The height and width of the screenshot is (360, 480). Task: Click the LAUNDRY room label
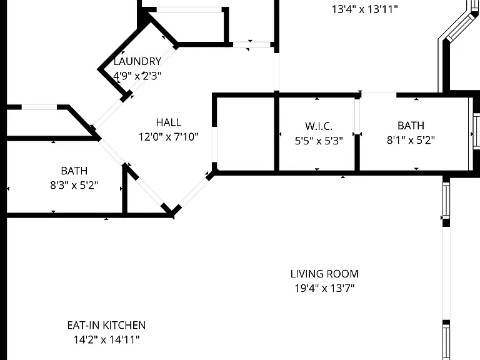(137, 61)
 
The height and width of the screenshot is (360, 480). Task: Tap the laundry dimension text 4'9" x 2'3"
(137, 75)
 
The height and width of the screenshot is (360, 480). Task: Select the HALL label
(169, 122)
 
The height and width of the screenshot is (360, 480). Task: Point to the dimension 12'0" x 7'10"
(169, 136)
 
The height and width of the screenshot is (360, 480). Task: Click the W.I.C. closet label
(319, 126)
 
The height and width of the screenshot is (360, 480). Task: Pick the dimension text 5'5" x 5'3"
(319, 141)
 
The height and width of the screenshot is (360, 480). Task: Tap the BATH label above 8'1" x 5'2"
(411, 126)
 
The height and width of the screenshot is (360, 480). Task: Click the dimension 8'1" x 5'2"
(411, 140)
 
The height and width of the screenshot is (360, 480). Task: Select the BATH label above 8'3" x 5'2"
(74, 171)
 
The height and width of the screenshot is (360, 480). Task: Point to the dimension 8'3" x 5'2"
(74, 185)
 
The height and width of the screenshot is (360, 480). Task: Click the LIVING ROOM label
(324, 274)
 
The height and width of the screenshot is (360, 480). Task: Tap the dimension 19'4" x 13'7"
(324, 288)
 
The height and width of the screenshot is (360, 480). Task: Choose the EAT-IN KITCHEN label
(106, 325)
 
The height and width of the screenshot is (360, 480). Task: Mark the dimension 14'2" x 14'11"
(106, 339)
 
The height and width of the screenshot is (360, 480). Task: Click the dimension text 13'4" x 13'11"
(365, 9)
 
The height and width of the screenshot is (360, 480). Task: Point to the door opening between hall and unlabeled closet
(214, 144)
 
